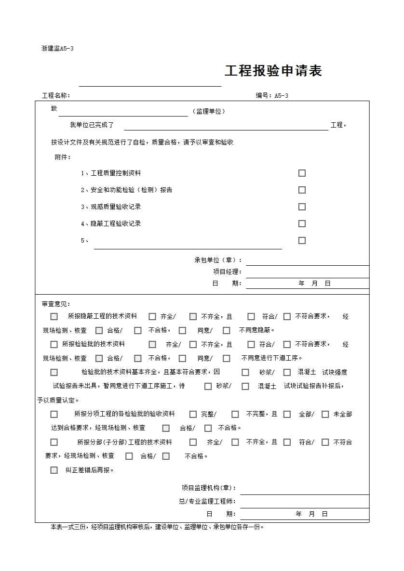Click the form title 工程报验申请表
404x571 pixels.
click(x=273, y=71)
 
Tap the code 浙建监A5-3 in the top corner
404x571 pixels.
click(x=57, y=48)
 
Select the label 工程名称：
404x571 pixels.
click(x=56, y=95)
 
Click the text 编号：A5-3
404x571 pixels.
click(x=272, y=95)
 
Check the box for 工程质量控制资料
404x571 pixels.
click(x=302, y=173)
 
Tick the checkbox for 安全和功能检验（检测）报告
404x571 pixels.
click(x=302, y=190)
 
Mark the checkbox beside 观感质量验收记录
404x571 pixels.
click(x=302, y=207)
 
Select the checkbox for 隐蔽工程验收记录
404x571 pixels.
click(x=302, y=224)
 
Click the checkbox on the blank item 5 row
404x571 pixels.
click(x=302, y=241)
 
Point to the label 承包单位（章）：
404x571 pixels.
click(x=218, y=260)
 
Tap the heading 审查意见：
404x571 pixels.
click(x=56, y=304)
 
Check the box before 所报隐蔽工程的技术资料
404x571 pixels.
click(x=54, y=317)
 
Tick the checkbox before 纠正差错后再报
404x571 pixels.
click(x=54, y=470)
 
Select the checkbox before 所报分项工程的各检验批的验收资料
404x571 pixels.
click(x=54, y=415)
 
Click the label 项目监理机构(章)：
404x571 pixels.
click(x=209, y=488)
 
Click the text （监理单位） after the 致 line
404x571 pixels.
click(x=209, y=111)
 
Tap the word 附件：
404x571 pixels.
click(x=63, y=157)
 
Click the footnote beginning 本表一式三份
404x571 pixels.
click(x=157, y=527)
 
